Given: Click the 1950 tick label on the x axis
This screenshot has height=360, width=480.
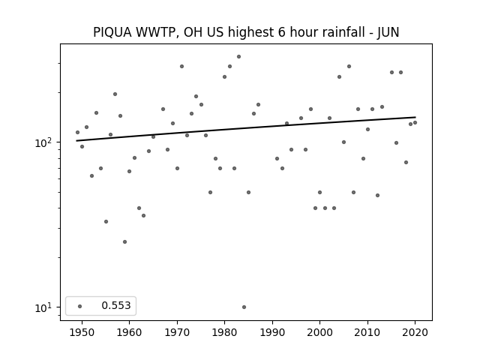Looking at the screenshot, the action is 82,333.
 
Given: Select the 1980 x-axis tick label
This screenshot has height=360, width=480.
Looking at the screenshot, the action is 224,333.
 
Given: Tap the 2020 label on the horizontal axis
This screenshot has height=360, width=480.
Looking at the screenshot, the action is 415,333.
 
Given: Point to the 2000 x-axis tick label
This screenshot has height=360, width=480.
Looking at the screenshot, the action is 320,333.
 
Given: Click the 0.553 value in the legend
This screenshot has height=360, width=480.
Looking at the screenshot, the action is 116,305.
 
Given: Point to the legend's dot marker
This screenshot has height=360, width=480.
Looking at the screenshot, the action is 80,306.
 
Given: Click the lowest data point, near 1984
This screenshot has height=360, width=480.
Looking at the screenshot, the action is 244,307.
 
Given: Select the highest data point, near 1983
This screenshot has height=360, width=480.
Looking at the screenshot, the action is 238,57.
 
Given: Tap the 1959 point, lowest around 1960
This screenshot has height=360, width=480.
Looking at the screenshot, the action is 124,241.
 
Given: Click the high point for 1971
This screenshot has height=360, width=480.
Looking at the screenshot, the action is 181,67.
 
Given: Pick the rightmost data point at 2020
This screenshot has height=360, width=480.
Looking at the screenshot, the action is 415,123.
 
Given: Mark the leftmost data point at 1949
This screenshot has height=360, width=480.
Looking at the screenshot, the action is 77,132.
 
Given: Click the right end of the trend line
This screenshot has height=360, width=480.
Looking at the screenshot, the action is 415,117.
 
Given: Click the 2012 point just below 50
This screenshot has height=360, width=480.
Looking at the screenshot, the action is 377,195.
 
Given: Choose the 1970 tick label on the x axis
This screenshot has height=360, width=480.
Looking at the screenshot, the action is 177,333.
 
